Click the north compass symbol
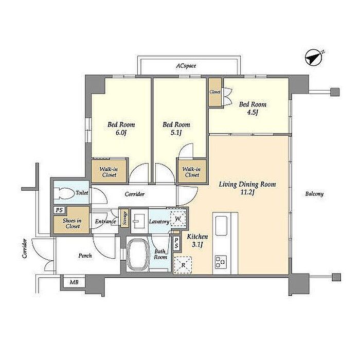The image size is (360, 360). [314, 58]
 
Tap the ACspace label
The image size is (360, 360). [186, 66]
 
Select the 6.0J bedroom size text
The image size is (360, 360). [121, 133]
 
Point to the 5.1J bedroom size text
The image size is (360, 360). [176, 133]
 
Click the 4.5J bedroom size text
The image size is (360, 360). [253, 113]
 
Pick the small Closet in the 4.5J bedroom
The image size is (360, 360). [215, 92]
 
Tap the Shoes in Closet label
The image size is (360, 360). [72, 223]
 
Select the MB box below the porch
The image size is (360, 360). [74, 282]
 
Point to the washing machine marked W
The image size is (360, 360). [178, 219]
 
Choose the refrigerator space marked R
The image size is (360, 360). [183, 265]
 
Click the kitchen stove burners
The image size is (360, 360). [221, 262]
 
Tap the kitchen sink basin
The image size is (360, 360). [221, 226]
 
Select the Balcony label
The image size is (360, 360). [314, 194]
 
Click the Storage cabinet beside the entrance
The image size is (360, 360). [125, 218]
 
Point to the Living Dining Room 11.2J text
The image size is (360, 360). [247, 188]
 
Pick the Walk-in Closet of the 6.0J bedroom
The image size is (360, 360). [109, 172]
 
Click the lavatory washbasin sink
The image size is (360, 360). [139, 221]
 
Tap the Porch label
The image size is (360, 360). [85, 256]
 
